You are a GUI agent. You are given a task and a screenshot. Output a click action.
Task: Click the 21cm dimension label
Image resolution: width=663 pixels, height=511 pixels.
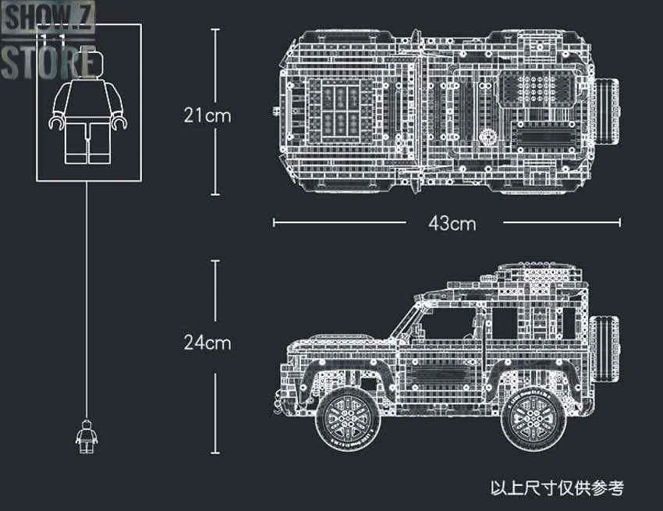pos(207,115)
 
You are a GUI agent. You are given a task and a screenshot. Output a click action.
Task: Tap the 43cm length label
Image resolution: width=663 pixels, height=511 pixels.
pos(452,223)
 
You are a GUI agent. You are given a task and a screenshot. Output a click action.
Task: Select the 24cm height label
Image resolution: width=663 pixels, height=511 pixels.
pos(207,342)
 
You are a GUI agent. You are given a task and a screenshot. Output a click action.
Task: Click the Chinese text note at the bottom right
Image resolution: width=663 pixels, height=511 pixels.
pos(557,488)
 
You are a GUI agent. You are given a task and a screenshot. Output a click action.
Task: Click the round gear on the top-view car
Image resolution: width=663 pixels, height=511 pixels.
pos(490,137)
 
